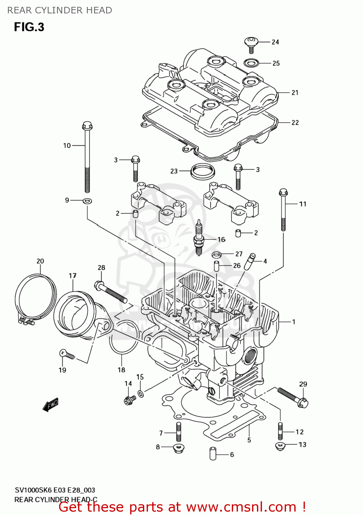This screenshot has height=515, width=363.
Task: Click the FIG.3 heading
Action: coord(29,27)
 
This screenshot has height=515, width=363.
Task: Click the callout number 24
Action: coord(275,42)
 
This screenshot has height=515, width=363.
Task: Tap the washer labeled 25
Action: coord(251,63)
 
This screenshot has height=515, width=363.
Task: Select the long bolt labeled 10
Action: coord(87,158)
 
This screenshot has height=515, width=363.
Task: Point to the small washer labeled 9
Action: coord(87,201)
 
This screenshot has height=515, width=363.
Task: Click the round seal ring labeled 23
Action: coord(202,171)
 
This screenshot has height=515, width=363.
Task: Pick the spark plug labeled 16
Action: coord(198,238)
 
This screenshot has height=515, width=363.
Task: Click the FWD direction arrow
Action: coord(50,405)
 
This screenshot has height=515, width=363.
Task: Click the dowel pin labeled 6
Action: coord(213,454)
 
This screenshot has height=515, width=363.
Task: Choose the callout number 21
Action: coord(295,93)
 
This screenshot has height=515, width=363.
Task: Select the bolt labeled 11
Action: coord(283,210)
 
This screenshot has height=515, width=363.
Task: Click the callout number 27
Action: coord(239,254)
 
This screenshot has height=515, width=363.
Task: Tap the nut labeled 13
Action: coord(280,446)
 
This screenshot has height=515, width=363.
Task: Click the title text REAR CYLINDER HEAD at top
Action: coord(60,10)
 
